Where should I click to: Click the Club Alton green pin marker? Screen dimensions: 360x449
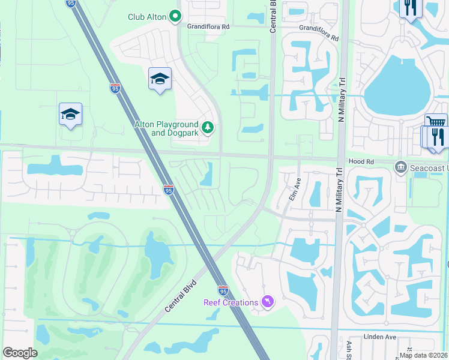(175, 16)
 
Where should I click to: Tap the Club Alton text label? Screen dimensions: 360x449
(146, 17)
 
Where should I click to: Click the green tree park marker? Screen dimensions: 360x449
(208, 127)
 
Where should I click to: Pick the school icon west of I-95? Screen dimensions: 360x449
(70, 115)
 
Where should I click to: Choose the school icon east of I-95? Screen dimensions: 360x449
(160, 79)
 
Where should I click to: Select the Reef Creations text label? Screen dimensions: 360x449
(231, 302)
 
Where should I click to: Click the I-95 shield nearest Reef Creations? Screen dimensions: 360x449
(223, 290)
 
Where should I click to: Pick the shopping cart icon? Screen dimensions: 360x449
(436, 122)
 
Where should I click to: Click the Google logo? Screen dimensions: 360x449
(20, 353)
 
